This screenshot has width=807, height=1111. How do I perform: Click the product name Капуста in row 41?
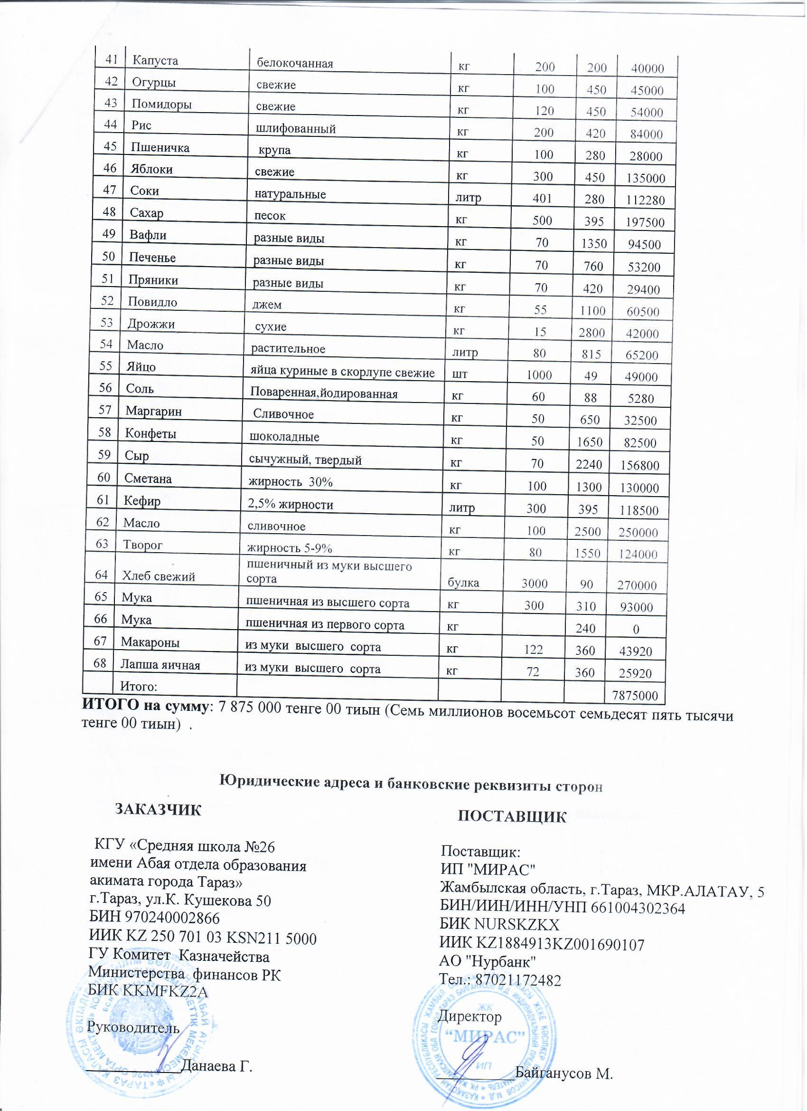(155, 61)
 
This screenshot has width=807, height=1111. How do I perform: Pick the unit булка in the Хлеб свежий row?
(463, 584)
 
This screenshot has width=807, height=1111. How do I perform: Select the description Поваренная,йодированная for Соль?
(323, 393)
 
